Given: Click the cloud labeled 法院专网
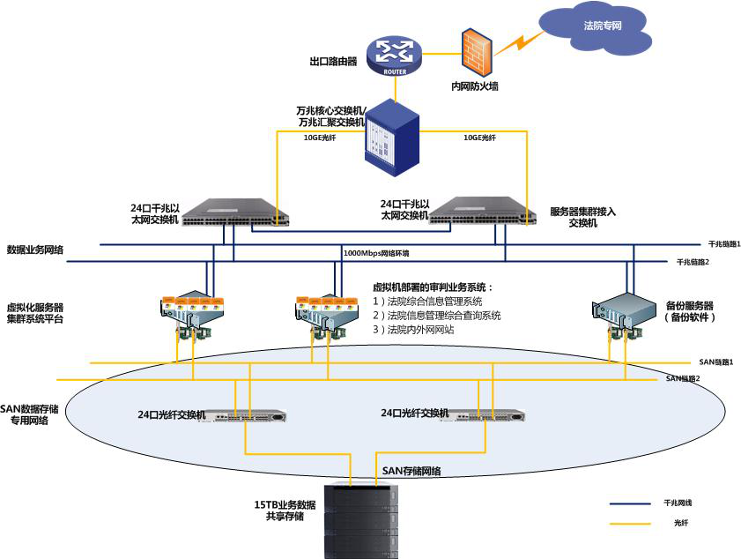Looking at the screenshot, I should tap(603, 27).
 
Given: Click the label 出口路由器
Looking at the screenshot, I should tap(333, 63).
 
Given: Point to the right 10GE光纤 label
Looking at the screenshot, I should tap(479, 138).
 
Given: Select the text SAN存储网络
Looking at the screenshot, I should tap(411, 471).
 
